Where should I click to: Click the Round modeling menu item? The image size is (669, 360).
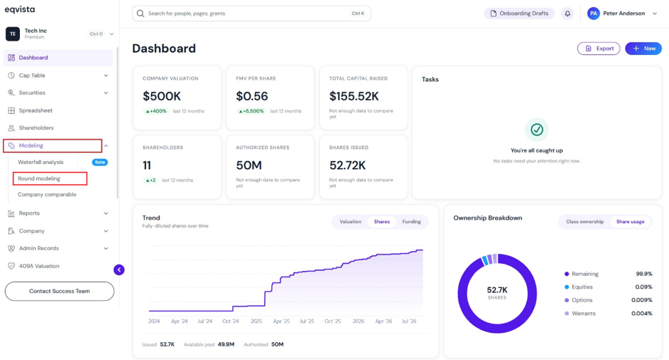pyautogui.click(x=38, y=178)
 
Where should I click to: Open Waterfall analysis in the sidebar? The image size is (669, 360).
pyautogui.click(x=41, y=163)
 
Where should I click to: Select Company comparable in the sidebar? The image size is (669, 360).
pyautogui.click(x=47, y=195)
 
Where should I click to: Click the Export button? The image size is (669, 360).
pyautogui.click(x=598, y=48)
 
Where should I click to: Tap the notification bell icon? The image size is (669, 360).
pyautogui.click(x=567, y=14)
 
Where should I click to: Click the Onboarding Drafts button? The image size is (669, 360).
pyautogui.click(x=519, y=14)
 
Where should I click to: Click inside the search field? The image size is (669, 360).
pyautogui.click(x=251, y=14)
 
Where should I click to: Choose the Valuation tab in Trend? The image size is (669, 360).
pyautogui.click(x=351, y=222)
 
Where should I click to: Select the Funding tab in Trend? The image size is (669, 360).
pyautogui.click(x=411, y=222)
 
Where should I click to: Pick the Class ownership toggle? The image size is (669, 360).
pyautogui.click(x=584, y=222)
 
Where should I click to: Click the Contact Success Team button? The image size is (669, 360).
pyautogui.click(x=59, y=292)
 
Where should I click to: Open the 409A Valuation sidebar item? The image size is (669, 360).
pyautogui.click(x=38, y=266)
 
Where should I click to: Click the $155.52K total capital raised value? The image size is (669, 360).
pyautogui.click(x=353, y=96)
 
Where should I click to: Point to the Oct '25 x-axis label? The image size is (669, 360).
pyautogui.click(x=333, y=321)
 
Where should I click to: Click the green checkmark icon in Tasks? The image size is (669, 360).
pyautogui.click(x=536, y=130)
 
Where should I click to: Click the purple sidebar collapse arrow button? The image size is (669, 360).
pyautogui.click(x=119, y=270)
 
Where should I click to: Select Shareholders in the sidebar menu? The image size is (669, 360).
pyautogui.click(x=36, y=128)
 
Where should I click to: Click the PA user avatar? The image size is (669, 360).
pyautogui.click(x=593, y=14)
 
